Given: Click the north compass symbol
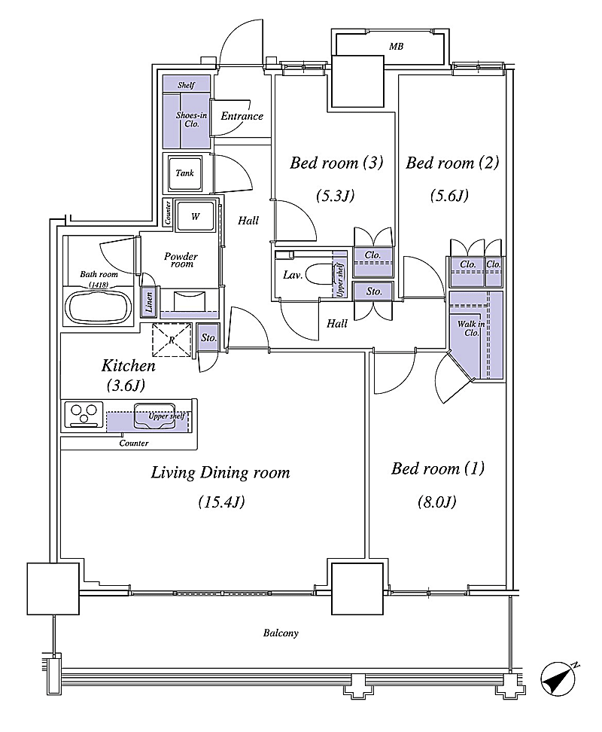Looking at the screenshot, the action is coord(558,679).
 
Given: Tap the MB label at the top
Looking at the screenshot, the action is coord(396,46).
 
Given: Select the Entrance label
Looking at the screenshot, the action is coord(242,116).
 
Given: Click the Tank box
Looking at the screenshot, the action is coord(185,173).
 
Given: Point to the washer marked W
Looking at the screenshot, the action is coord(195,216).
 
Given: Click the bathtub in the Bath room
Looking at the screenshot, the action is coord(99,307).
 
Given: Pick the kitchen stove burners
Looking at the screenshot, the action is coord(84,413).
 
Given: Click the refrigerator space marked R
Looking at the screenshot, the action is coord(172,340).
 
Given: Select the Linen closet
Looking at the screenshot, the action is coord(149,302).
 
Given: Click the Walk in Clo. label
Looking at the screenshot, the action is coord(470,328).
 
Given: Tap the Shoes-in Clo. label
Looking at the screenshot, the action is coord(191,120).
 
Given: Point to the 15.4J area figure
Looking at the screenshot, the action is coord(221,502).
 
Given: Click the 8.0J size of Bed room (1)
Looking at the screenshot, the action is coord(437,502).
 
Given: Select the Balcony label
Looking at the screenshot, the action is coord(281,633).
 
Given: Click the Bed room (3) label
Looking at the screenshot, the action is coord(336,163).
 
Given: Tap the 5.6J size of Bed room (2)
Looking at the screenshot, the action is coord(449,196).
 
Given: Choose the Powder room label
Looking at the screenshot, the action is coord(181,260).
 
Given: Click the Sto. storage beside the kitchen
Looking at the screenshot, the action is coord(208,337).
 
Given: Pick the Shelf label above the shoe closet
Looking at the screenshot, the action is coord(186,85).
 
